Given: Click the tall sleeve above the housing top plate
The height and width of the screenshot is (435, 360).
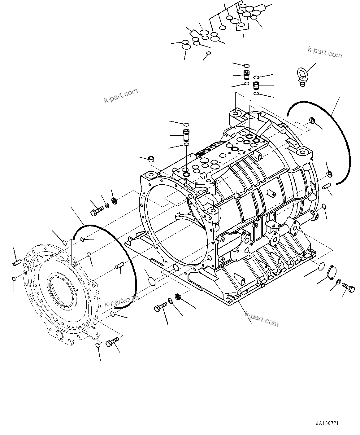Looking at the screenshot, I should coord(186,135).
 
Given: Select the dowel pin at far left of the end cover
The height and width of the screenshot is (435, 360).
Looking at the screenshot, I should coord(17,262).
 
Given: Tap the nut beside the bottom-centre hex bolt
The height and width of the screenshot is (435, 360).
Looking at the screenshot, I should coord(178,297).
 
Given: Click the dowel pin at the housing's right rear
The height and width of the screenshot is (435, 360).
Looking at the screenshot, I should coord(327,187).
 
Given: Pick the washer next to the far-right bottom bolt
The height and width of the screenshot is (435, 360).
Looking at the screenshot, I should coord(338,282).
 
